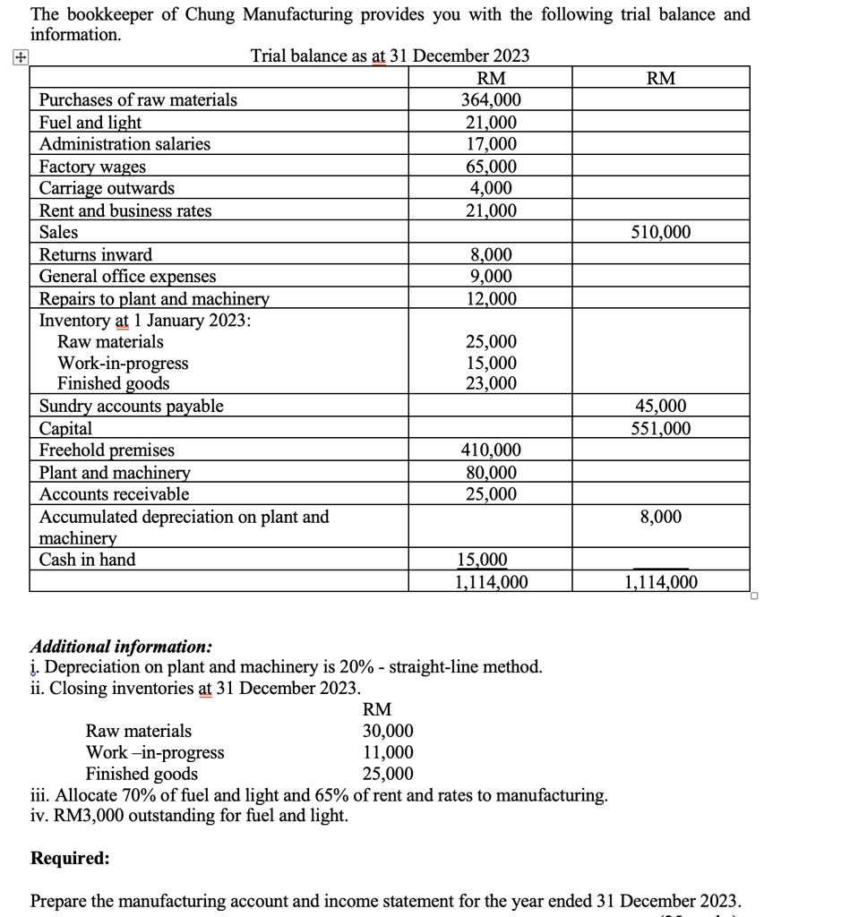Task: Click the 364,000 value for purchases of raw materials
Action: click(x=490, y=100)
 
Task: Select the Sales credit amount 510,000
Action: click(x=661, y=233)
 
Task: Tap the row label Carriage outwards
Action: click(x=107, y=188)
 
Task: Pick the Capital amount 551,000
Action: click(x=661, y=428)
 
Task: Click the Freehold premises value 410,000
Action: click(x=490, y=450)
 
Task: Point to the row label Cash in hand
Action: click(x=87, y=560)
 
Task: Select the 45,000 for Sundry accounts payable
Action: click(x=661, y=407)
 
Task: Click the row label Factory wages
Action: click(x=92, y=167)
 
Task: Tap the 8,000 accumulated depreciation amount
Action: click(x=661, y=517)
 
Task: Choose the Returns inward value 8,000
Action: click(x=490, y=255)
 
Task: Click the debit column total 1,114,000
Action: click(x=490, y=582)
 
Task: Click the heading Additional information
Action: click(x=122, y=646)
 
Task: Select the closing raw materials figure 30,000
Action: click(x=388, y=731)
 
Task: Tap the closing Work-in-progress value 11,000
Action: click(x=388, y=752)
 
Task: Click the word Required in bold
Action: click(x=71, y=858)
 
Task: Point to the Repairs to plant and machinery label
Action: click(x=154, y=299)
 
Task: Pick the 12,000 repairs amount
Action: click(x=490, y=299)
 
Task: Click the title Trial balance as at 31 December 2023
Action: click(x=390, y=56)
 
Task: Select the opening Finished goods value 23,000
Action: click(x=490, y=384)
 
